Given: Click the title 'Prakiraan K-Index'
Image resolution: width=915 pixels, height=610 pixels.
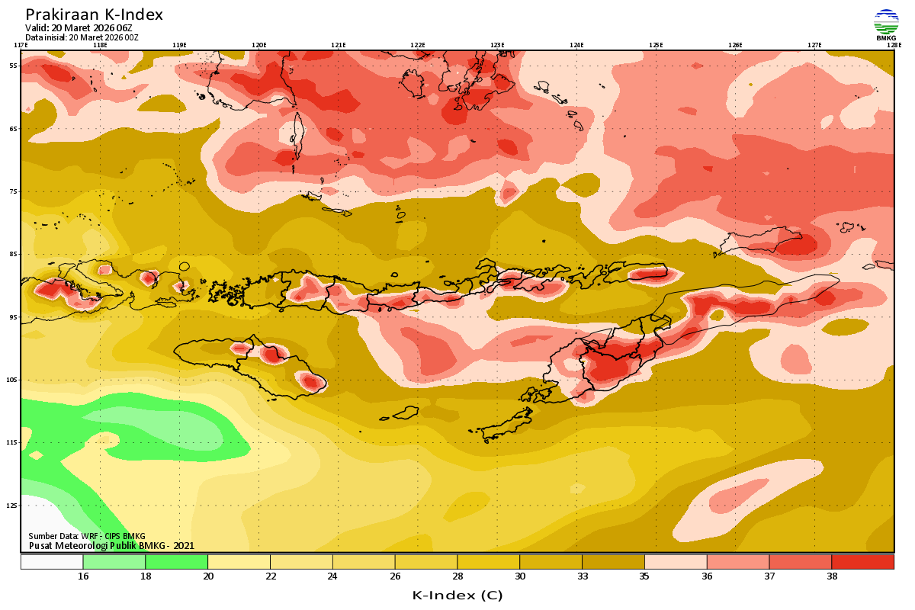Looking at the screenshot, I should point(94,14).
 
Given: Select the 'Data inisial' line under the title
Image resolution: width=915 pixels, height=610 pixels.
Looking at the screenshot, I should point(82,37).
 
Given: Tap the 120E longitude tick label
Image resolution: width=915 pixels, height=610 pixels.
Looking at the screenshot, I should point(258,45).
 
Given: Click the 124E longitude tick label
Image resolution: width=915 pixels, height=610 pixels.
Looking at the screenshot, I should point(576,45).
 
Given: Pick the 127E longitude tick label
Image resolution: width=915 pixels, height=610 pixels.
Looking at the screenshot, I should point(814,45).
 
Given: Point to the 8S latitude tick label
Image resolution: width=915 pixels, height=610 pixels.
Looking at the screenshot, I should point(14,254).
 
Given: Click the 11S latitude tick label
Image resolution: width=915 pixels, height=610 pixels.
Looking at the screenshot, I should point(13,442).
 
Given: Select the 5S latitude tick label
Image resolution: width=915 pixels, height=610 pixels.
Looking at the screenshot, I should point(14,66).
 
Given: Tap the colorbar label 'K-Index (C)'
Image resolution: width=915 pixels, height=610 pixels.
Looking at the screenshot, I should point(457,595).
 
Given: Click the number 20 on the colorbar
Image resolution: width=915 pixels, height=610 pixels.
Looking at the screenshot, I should point(207,576).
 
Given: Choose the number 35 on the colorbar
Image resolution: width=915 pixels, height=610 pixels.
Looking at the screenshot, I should point(644,576).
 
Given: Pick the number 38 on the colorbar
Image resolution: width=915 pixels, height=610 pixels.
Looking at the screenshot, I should point(831,576).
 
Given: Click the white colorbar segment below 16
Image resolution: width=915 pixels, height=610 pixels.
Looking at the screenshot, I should point(52,562).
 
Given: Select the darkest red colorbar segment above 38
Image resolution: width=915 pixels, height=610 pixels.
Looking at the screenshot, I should point(862,562).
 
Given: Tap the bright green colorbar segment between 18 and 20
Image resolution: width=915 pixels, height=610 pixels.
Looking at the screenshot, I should point(176,562).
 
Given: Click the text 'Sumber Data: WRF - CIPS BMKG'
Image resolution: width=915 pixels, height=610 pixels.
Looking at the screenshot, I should point(87,536).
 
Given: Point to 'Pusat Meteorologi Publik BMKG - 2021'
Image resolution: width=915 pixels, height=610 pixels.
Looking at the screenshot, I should point(111,545).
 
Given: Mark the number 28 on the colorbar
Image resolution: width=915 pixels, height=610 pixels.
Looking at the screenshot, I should point(457,576).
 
